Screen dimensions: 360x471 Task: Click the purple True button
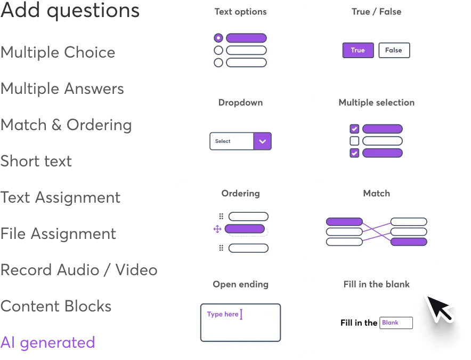[358, 50]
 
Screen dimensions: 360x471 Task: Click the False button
[394, 50]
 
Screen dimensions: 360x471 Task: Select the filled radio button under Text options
[218, 38]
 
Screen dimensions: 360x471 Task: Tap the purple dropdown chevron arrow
[262, 141]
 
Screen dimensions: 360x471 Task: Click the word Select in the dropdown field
[223, 141]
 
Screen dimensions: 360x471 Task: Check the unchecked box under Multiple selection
[354, 141]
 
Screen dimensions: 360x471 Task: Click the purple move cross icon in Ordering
[217, 229]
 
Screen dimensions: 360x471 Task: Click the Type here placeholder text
[222, 314]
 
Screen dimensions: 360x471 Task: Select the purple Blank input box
[396, 323]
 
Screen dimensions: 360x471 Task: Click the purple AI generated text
[48, 342]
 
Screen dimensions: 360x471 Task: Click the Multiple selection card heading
[376, 102]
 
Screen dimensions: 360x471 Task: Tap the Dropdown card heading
[240, 102]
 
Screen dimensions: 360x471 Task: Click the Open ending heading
[240, 284]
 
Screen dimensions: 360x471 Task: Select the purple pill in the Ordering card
[245, 229]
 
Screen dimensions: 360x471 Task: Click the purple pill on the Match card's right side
[409, 242]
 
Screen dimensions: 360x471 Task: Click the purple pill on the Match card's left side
[344, 221]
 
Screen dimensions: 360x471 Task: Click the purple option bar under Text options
[246, 38]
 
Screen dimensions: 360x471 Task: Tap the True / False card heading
[376, 12]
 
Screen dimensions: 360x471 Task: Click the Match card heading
[376, 193]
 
